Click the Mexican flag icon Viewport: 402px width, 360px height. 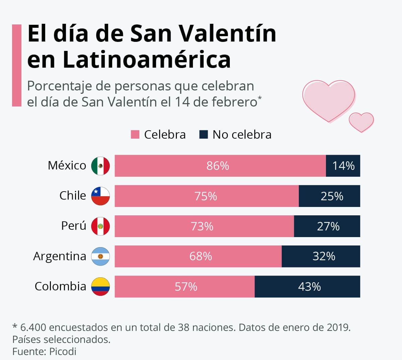(x=100, y=166)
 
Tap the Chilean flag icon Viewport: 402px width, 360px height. (x=100, y=196)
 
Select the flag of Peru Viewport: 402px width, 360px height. (x=100, y=226)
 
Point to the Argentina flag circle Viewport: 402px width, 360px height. (x=100, y=257)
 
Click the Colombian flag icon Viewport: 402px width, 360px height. (x=100, y=287)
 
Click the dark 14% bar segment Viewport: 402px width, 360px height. (x=343, y=166)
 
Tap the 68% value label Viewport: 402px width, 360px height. (x=200, y=257)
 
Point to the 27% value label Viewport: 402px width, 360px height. (x=328, y=226)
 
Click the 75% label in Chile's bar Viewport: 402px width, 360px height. (x=205, y=196)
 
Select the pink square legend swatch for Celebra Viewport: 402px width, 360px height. (x=135, y=135)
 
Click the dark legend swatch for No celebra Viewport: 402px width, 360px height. (x=203, y=135)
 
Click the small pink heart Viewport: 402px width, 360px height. (x=361, y=122)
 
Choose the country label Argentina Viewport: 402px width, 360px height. (x=60, y=256)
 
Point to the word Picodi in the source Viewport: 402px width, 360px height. (x=63, y=351)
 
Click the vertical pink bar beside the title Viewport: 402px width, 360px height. (x=16, y=65)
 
